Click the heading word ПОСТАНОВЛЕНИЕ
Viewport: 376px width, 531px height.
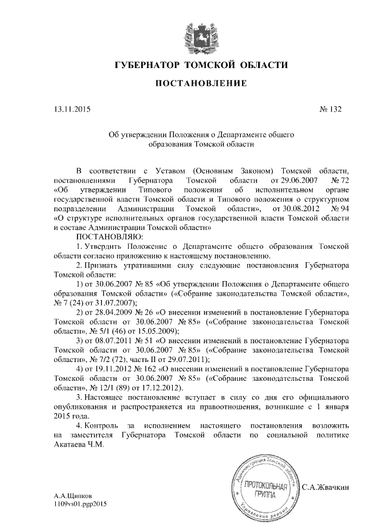tap(200, 84)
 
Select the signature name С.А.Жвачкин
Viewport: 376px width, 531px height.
tap(326, 487)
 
